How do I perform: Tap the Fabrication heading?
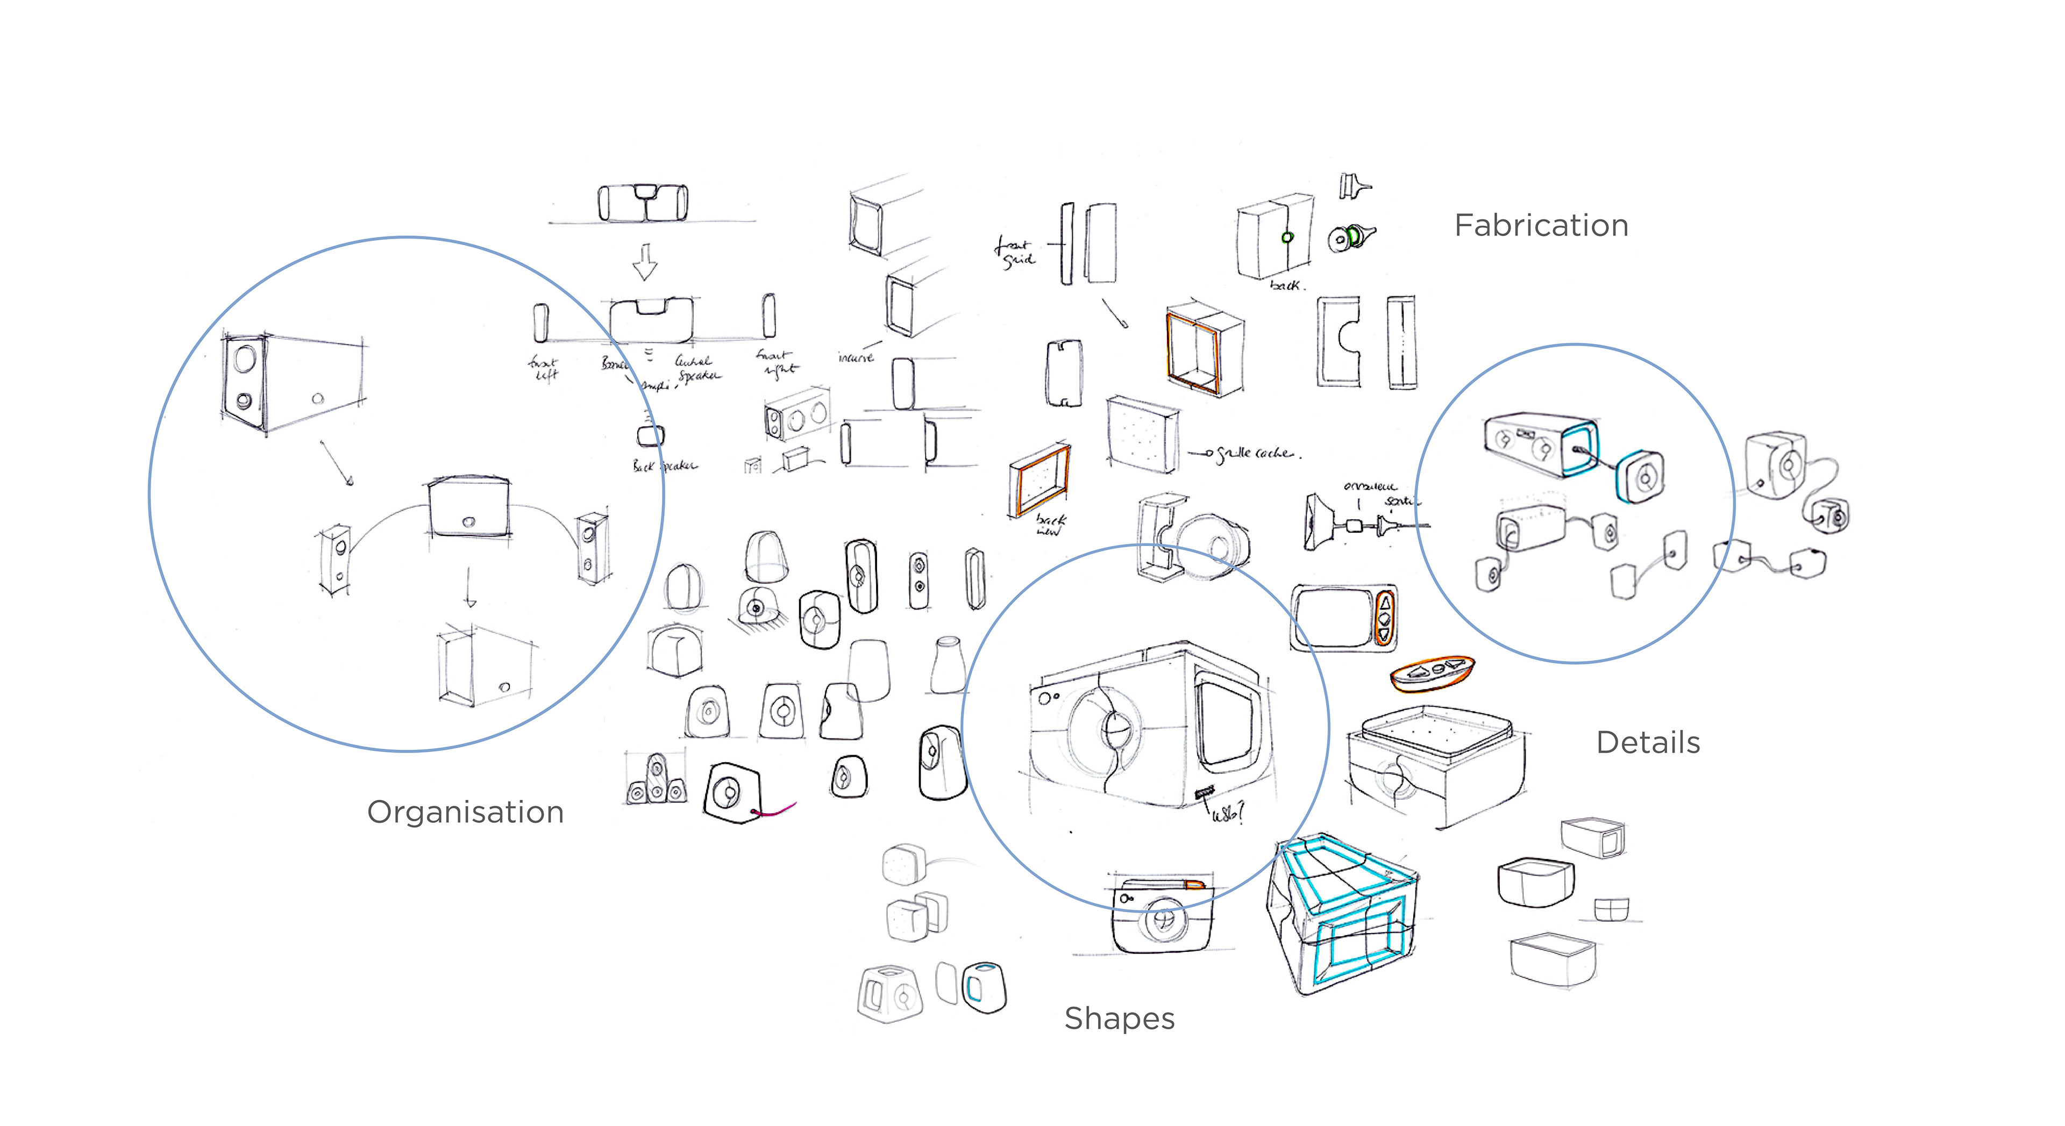click(x=1541, y=226)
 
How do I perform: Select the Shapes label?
click(x=1119, y=1019)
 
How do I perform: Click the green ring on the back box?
click(x=1287, y=237)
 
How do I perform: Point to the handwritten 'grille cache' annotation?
click(x=1255, y=454)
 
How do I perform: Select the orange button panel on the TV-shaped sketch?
click(x=1384, y=617)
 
